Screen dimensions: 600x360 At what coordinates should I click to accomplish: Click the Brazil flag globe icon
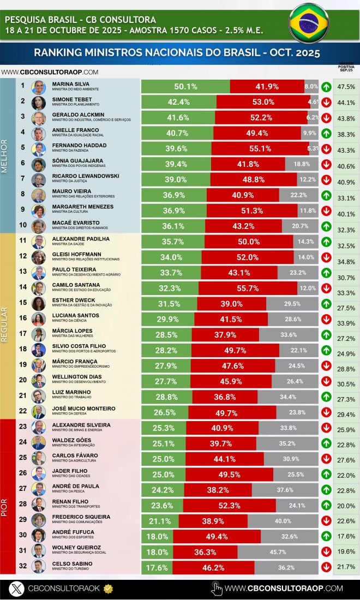pos(309,23)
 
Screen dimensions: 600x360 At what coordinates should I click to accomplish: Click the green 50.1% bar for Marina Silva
pos(185,86)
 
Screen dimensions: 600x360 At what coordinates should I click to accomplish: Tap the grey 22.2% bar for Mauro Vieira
pos(298,195)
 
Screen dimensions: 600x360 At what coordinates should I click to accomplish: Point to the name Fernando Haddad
pos(79,145)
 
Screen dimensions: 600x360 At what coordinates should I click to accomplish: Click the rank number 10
pos(23,224)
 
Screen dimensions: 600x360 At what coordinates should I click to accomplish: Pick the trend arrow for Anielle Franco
pos(326,133)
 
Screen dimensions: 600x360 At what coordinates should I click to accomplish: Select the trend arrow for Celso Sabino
pos(326,567)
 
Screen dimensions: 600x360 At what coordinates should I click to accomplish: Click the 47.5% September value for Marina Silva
pos(346,87)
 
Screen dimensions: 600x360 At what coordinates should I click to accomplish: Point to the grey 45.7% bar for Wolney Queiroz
pos(277,551)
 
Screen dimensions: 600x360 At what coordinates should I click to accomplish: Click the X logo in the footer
pos(18,588)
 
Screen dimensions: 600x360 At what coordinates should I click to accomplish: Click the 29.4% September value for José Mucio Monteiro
pos(346,415)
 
